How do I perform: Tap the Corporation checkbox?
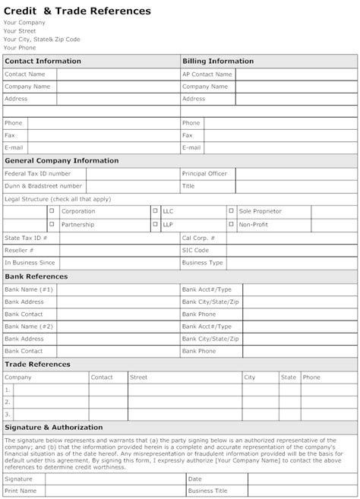point(52,211)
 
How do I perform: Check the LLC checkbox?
point(156,211)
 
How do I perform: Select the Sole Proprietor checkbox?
point(232,211)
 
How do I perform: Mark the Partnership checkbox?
point(52,225)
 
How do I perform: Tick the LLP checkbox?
point(156,225)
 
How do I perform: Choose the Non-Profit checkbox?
point(232,225)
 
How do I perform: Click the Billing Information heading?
point(218,61)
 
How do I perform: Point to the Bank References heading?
point(36,276)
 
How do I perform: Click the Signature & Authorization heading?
point(53,428)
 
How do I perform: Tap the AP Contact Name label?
point(207,74)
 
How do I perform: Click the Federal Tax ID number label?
point(38,174)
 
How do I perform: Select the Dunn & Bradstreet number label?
point(43,186)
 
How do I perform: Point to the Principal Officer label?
point(204,174)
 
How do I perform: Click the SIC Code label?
point(195,250)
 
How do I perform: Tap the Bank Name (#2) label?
point(29,326)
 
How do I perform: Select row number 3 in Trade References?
point(8,415)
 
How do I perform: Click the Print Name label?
point(21,491)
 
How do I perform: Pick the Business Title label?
point(206,491)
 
